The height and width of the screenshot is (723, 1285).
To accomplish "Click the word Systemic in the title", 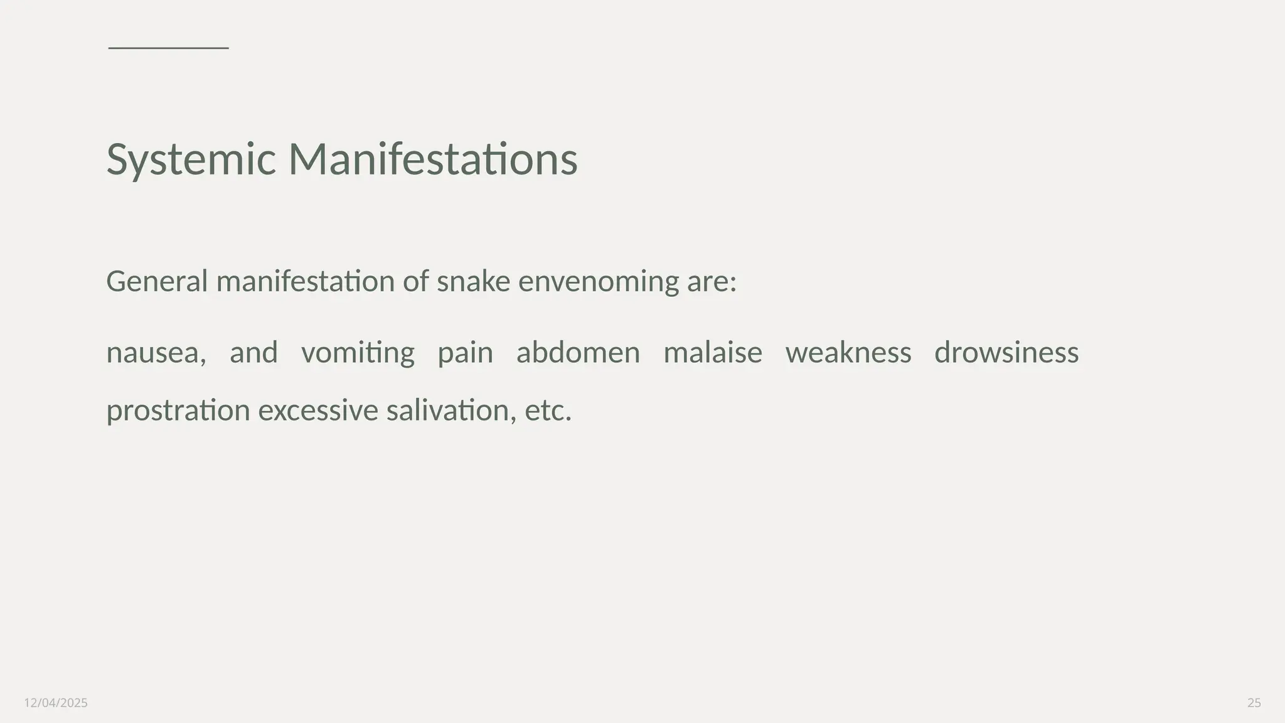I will point(191,159).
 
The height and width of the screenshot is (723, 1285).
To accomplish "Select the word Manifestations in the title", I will point(432,159).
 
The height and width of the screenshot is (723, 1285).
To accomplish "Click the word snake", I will point(473,281).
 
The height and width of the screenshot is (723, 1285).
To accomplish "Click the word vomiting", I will point(358,353).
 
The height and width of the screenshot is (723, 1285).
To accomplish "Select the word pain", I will point(465,353).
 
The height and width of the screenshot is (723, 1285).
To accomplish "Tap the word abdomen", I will point(578,353).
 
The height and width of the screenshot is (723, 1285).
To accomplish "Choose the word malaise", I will point(713,353).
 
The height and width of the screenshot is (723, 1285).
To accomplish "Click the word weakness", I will point(848,353).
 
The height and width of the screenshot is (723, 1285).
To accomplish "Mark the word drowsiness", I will point(1006,353).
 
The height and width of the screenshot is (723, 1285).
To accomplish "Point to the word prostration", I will point(178,411).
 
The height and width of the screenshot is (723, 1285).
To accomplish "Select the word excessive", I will point(318,411).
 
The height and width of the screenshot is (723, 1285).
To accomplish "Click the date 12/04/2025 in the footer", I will point(56,703).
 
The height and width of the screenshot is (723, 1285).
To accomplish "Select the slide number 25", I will point(1254,703).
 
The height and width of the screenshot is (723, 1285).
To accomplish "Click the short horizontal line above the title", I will point(168,48).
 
